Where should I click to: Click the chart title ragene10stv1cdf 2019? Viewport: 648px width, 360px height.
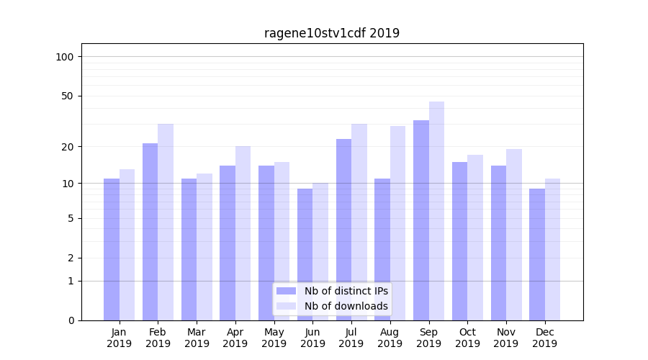331,33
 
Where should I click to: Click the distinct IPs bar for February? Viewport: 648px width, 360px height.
150,231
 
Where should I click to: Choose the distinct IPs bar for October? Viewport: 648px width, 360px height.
459,240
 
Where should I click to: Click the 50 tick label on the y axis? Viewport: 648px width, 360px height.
67,96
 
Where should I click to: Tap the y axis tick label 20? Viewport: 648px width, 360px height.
67,147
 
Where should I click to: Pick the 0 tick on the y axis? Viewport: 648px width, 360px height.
71,320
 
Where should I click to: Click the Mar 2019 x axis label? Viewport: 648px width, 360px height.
197,338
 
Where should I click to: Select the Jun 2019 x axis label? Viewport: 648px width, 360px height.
312,338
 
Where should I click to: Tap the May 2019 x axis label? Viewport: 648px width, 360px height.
274,338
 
